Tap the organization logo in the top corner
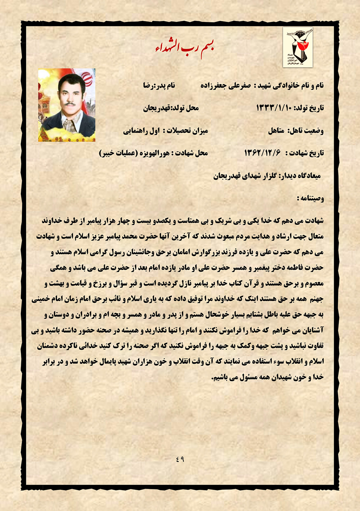pos(298,47)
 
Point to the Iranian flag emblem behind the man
pos(87,78)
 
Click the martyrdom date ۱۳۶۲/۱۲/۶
pos(262,153)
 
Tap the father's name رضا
pos(148,86)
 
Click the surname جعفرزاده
pos(216,86)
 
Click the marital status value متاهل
pos(276,131)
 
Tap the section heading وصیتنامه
pos(310,198)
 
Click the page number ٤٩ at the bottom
pos(180,459)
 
